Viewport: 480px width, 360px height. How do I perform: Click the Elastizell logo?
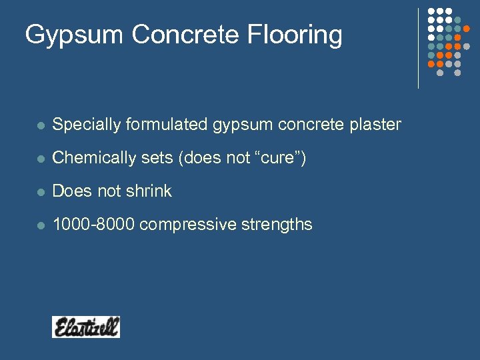tap(86, 327)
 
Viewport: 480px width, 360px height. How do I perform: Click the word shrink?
tap(147, 191)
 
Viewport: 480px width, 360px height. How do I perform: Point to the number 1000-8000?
tap(94, 225)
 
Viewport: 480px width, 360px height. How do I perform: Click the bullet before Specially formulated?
tap(40, 125)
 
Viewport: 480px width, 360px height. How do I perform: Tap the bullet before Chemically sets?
tap(40, 159)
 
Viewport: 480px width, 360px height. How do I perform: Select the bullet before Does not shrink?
tap(40, 192)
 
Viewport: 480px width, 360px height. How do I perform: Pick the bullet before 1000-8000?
tap(40, 225)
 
